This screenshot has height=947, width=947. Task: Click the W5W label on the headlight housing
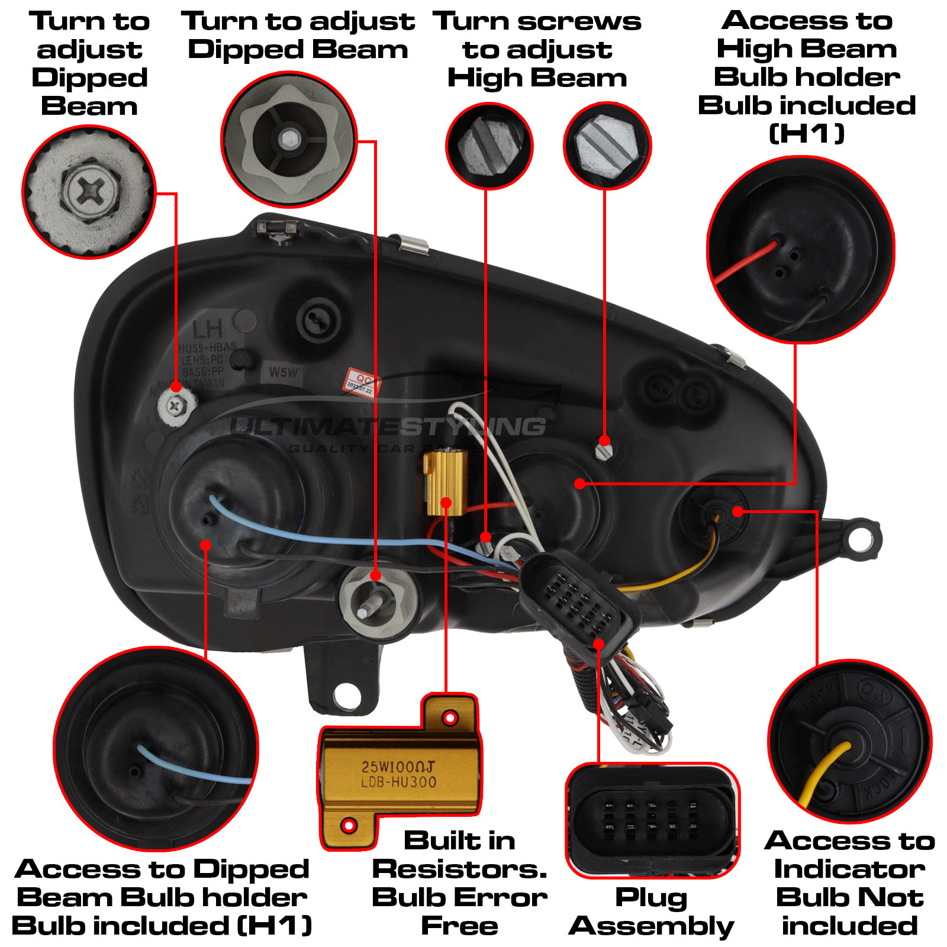click(x=284, y=372)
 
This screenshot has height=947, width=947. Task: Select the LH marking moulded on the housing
click(x=208, y=329)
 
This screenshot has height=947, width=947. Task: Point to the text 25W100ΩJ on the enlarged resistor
click(x=398, y=766)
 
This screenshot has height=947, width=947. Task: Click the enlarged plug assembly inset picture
click(x=652, y=820)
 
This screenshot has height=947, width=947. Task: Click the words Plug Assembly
click(x=651, y=912)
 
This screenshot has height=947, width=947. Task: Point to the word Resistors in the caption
click(x=459, y=869)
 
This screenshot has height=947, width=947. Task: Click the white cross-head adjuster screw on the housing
click(x=175, y=406)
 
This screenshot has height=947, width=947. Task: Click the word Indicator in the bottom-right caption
click(x=849, y=869)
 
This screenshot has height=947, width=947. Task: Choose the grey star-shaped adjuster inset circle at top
click(x=289, y=140)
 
